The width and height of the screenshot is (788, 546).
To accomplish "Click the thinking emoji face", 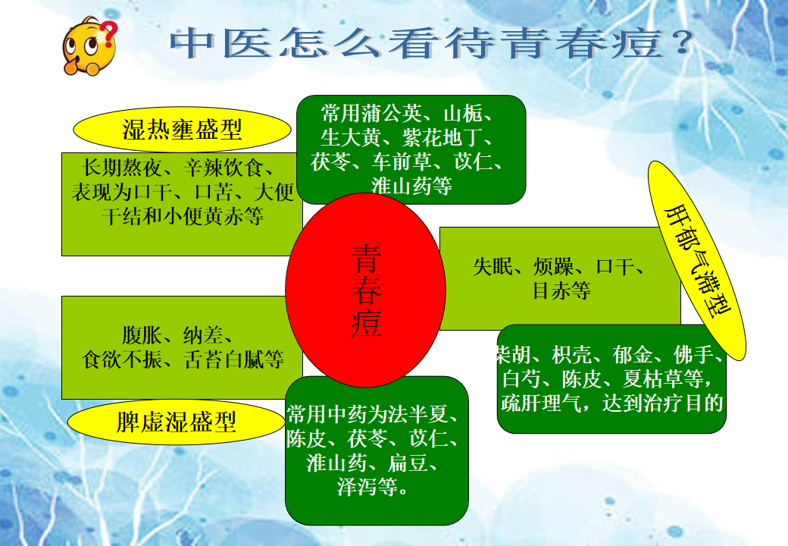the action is (89, 46).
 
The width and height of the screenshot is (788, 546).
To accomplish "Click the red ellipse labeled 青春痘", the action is (365, 290).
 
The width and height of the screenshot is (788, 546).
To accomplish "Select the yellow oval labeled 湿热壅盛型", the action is (182, 129).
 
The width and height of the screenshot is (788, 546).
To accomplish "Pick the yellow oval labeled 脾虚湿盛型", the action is (176, 422).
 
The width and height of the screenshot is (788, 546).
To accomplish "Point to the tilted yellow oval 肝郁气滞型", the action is (697, 261).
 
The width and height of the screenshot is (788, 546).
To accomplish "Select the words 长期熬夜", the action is (122, 168).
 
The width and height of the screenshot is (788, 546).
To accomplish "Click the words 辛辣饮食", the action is (224, 168).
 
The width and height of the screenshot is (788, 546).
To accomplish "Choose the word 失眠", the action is (493, 267).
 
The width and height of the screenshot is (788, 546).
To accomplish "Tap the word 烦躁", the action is (553, 267).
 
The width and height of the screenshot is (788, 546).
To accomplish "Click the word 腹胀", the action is (142, 335).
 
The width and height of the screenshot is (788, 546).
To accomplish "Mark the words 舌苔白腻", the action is (224, 359).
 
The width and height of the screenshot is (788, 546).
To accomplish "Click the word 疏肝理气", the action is (541, 403).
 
